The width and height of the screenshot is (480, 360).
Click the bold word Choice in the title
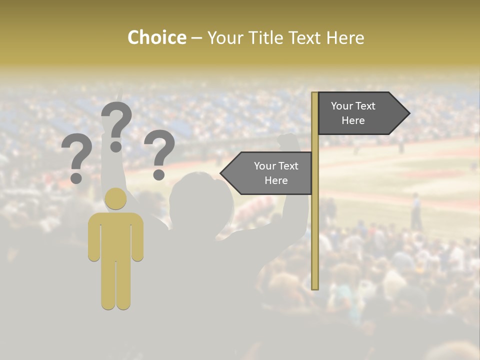tap(156, 37)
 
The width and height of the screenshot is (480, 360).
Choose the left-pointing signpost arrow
tap(267, 173)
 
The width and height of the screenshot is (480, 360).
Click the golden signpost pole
tap(315, 225)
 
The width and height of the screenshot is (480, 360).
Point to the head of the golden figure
tap(116, 198)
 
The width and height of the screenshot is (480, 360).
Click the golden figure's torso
tap(116, 235)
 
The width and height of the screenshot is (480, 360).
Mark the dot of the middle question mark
tap(116, 146)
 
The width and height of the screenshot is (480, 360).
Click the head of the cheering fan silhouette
tap(200, 197)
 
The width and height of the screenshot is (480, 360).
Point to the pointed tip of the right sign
tap(408, 113)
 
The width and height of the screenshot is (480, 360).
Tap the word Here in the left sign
tap(276, 180)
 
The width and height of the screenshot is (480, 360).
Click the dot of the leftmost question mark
tap(76, 177)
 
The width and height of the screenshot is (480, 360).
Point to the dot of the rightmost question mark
tap(159, 174)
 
